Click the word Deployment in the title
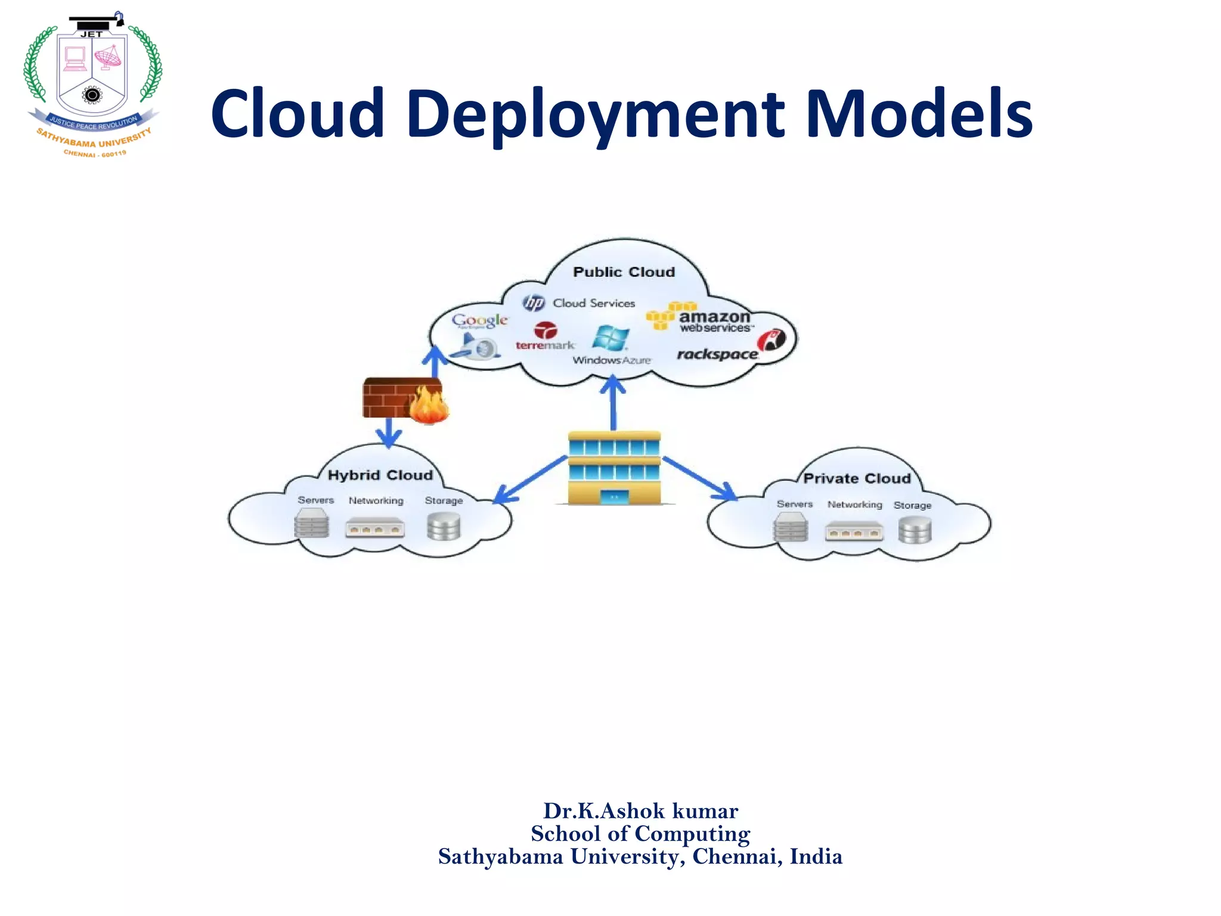coord(596,114)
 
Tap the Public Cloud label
coord(624,272)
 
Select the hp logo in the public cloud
coord(534,303)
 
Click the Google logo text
coord(479,320)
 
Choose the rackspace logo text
coord(717,354)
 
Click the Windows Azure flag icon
coord(610,338)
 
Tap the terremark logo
coord(545,336)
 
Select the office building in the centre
coord(614,468)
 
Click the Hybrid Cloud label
coord(380,475)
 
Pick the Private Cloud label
coord(857,478)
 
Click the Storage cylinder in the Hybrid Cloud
coord(444,527)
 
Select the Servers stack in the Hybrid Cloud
coord(311,525)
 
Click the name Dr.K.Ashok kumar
coord(640,811)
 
